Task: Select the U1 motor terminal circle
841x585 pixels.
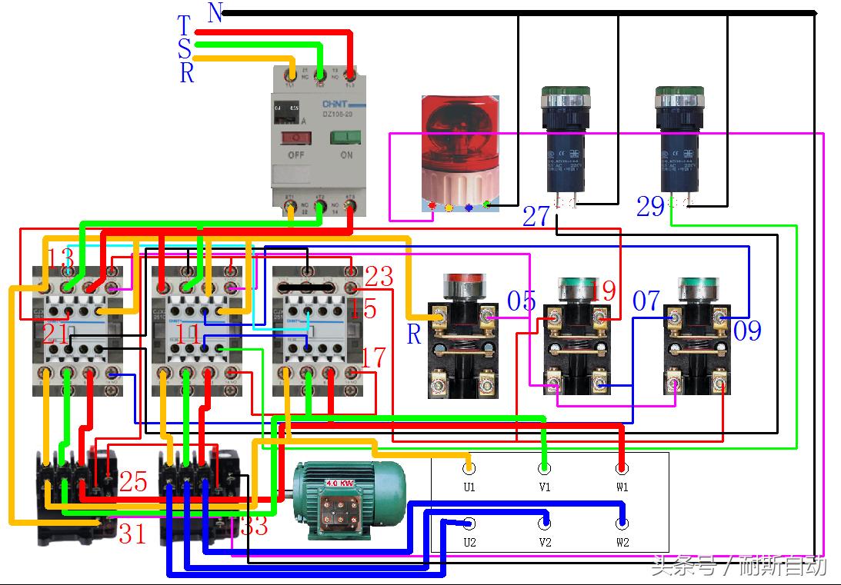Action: click(x=469, y=468)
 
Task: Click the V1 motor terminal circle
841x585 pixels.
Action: click(x=545, y=468)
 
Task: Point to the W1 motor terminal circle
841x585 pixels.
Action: click(x=622, y=468)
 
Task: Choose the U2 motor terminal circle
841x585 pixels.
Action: click(x=469, y=524)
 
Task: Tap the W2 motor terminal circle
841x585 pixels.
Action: click(x=622, y=524)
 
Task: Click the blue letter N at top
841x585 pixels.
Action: click(x=215, y=12)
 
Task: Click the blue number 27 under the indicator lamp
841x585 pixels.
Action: click(x=536, y=215)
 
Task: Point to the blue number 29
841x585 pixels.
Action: click(x=650, y=207)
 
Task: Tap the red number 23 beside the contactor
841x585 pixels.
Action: click(x=379, y=276)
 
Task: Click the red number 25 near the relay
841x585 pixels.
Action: click(x=132, y=482)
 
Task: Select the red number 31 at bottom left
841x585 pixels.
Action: click(x=132, y=533)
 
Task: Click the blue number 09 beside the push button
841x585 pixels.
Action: click(x=746, y=331)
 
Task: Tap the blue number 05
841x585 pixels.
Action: click(x=521, y=301)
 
